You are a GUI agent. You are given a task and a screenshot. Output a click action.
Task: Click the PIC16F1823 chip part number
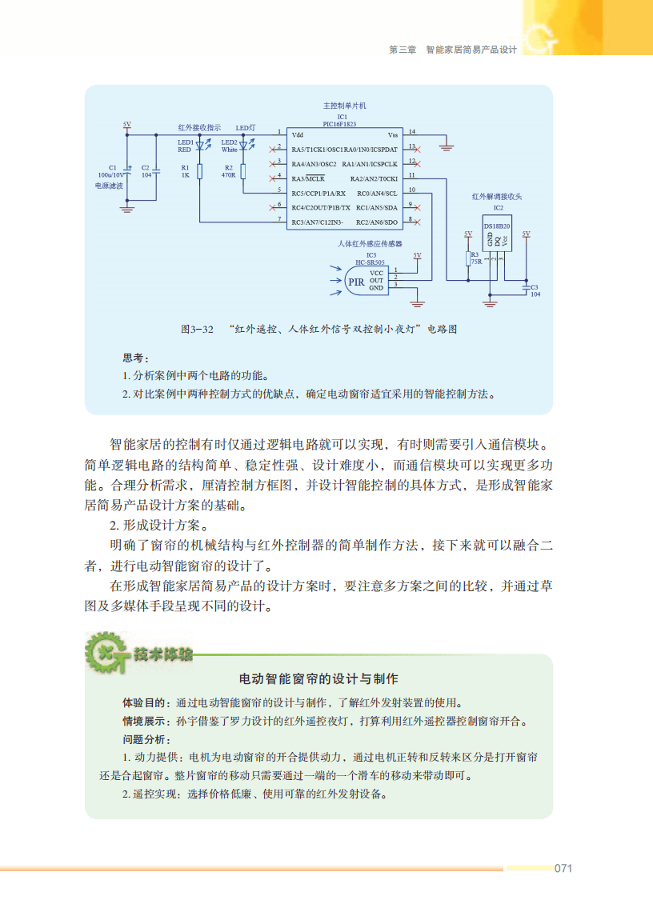coord(339,124)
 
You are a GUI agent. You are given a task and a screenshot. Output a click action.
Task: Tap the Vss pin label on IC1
coord(392,134)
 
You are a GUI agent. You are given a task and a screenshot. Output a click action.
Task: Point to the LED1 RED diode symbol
coord(200,145)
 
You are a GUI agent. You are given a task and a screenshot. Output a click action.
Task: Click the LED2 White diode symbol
coord(243,145)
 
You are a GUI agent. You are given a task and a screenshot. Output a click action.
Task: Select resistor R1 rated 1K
coord(200,170)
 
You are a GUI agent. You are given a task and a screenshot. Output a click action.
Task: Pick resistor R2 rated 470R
coord(243,170)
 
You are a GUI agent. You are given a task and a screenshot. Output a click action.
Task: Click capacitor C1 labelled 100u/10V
coord(126,169)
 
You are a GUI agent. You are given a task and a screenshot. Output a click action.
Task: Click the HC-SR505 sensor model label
coord(371,262)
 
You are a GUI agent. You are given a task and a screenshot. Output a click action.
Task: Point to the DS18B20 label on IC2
coord(497,226)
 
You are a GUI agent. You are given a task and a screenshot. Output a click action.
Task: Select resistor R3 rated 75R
coord(467,258)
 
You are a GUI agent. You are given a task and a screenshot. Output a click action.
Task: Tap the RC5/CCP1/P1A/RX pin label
coord(318,193)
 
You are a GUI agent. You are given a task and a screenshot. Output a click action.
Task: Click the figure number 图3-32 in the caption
coord(197,329)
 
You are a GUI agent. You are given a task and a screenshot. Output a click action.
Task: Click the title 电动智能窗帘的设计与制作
coord(318,679)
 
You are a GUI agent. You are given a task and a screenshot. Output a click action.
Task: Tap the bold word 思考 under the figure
coord(134,358)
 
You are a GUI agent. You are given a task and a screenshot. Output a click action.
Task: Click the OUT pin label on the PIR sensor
coord(376,281)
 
